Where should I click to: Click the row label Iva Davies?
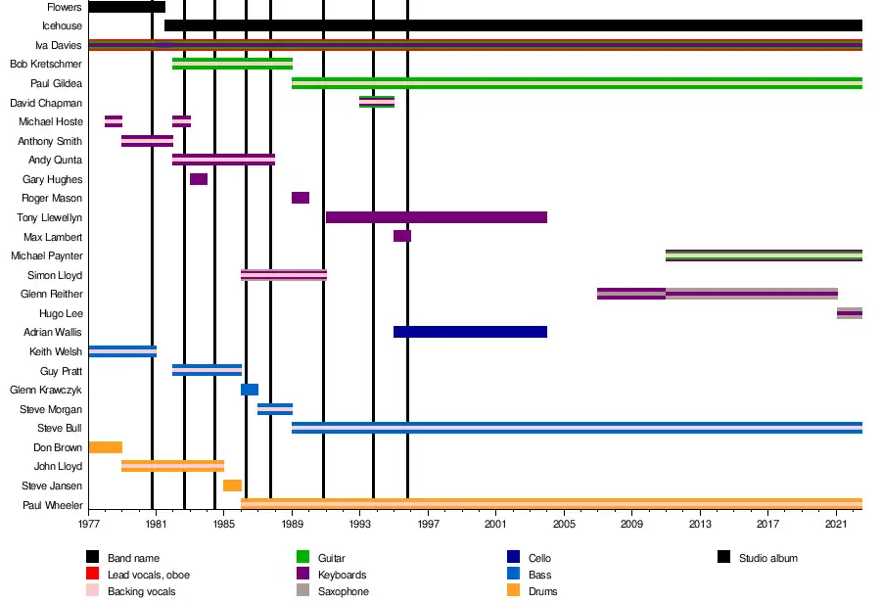point(60,45)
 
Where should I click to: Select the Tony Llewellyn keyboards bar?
point(436,217)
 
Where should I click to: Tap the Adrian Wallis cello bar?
point(470,332)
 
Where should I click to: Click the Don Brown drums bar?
point(105,447)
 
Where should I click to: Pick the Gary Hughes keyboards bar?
point(199,179)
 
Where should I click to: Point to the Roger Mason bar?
point(301,198)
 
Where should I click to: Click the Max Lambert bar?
point(402,236)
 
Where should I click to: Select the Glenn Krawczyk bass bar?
point(250,390)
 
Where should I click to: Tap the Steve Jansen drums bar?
point(232,486)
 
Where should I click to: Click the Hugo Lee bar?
point(850,313)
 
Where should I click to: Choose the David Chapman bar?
point(377,102)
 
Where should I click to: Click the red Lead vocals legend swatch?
point(93,575)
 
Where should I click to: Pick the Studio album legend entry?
point(767,558)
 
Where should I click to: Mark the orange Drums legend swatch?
point(514,591)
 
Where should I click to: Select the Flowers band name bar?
point(126,7)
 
